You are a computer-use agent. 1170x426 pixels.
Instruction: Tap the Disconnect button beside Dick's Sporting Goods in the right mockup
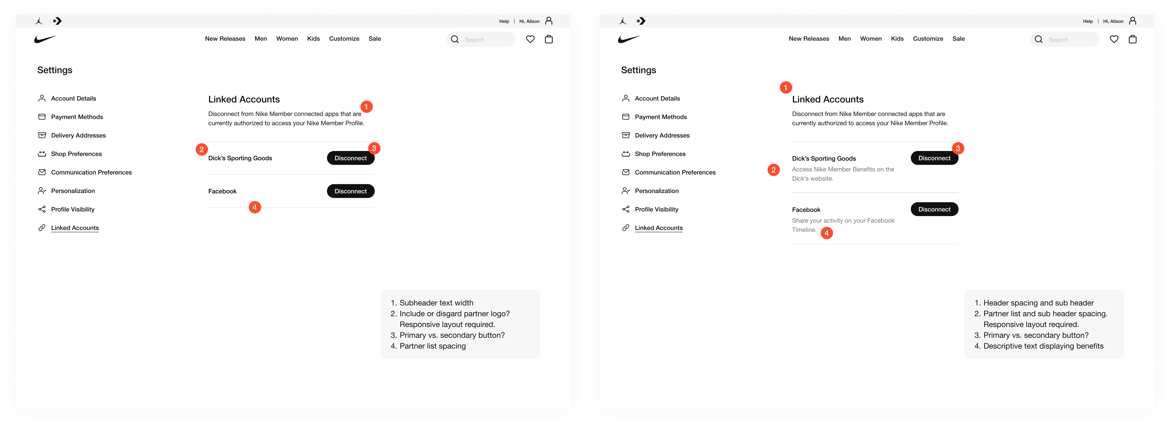[x=934, y=158]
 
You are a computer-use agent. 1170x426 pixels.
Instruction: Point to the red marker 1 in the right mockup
[x=786, y=87]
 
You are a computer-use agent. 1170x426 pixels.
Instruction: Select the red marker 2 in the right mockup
[x=774, y=170]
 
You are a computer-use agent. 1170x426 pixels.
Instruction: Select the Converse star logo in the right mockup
[x=641, y=21]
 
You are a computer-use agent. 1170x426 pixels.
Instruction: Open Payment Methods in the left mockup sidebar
[x=77, y=117]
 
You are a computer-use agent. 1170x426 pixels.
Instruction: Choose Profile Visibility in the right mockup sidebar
[x=656, y=209]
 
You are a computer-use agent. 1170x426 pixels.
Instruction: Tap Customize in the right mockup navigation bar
[x=928, y=39]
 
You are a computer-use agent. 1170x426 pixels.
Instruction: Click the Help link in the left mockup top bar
[x=504, y=21]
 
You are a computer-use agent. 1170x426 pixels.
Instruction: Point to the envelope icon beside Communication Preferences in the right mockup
[x=625, y=172]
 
